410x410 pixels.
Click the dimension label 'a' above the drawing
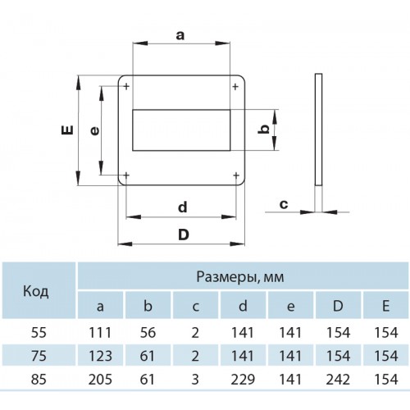coord(180,35)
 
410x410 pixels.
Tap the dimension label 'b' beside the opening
coord(263,129)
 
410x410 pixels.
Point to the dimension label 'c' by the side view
coord(284,204)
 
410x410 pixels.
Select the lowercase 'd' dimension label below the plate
coord(183,207)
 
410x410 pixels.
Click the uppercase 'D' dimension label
coord(184,235)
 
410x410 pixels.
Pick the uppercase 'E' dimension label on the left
coord(67,130)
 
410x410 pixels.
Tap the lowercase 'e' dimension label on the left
coord(94,131)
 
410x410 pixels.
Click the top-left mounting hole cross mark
coord(126,87)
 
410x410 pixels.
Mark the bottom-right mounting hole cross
coord(236,175)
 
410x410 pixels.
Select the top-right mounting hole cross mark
coord(235,87)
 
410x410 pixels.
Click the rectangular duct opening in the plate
coord(181,130)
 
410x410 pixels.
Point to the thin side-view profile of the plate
coord(318,130)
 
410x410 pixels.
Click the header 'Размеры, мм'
coord(240,277)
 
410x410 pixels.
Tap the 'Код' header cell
coord(36,291)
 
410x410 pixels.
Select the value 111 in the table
coord(100,333)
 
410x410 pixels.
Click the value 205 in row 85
coord(100,380)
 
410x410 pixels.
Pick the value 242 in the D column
coord(338,380)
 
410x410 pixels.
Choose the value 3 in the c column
coord(195,380)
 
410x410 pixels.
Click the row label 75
coord(39,356)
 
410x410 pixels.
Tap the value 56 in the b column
coord(148,333)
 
